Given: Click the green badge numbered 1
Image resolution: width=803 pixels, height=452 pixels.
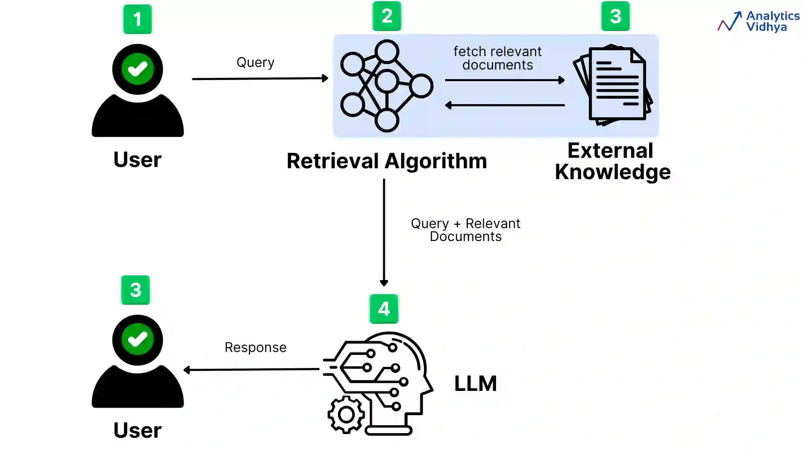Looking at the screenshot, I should coord(137,19).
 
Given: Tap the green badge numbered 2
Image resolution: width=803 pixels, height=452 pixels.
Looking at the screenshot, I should coord(386,16).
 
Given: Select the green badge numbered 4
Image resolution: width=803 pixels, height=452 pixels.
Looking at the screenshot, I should coord(384,309).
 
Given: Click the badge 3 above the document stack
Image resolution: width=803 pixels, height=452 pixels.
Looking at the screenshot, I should coord(615,16).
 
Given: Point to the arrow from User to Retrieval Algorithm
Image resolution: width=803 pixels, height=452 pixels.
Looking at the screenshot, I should coord(259,78).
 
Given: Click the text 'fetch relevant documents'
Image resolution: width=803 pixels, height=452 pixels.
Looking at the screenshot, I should coord(497,58).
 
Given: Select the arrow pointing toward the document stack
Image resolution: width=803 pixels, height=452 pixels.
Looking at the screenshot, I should coord(504,80).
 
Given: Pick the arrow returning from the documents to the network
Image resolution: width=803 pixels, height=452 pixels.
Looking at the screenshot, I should coord(504,105).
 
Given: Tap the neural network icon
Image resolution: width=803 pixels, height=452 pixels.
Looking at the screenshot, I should coord(386,86).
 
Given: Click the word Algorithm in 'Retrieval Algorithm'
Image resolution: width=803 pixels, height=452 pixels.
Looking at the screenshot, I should coord(435,161).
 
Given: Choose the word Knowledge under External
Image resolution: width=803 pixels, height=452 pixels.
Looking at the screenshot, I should coord(613,172).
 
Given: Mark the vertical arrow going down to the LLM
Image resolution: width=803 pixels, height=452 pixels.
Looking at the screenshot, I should coord(384,232).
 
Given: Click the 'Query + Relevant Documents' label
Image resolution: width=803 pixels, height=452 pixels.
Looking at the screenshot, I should coord(465,230).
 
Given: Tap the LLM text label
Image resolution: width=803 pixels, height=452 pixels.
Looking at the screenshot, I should coord(476,383).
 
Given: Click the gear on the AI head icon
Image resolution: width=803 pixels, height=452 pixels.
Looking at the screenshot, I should coord(346,414).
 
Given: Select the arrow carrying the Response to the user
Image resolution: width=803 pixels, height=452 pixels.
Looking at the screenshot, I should coord(251,370).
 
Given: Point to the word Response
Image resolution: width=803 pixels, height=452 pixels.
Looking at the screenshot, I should coord(256,347).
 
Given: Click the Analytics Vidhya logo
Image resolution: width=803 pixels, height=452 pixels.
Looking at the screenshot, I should coord(758,21).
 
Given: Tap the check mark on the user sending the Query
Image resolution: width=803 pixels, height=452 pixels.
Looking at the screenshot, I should coord(138,69).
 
